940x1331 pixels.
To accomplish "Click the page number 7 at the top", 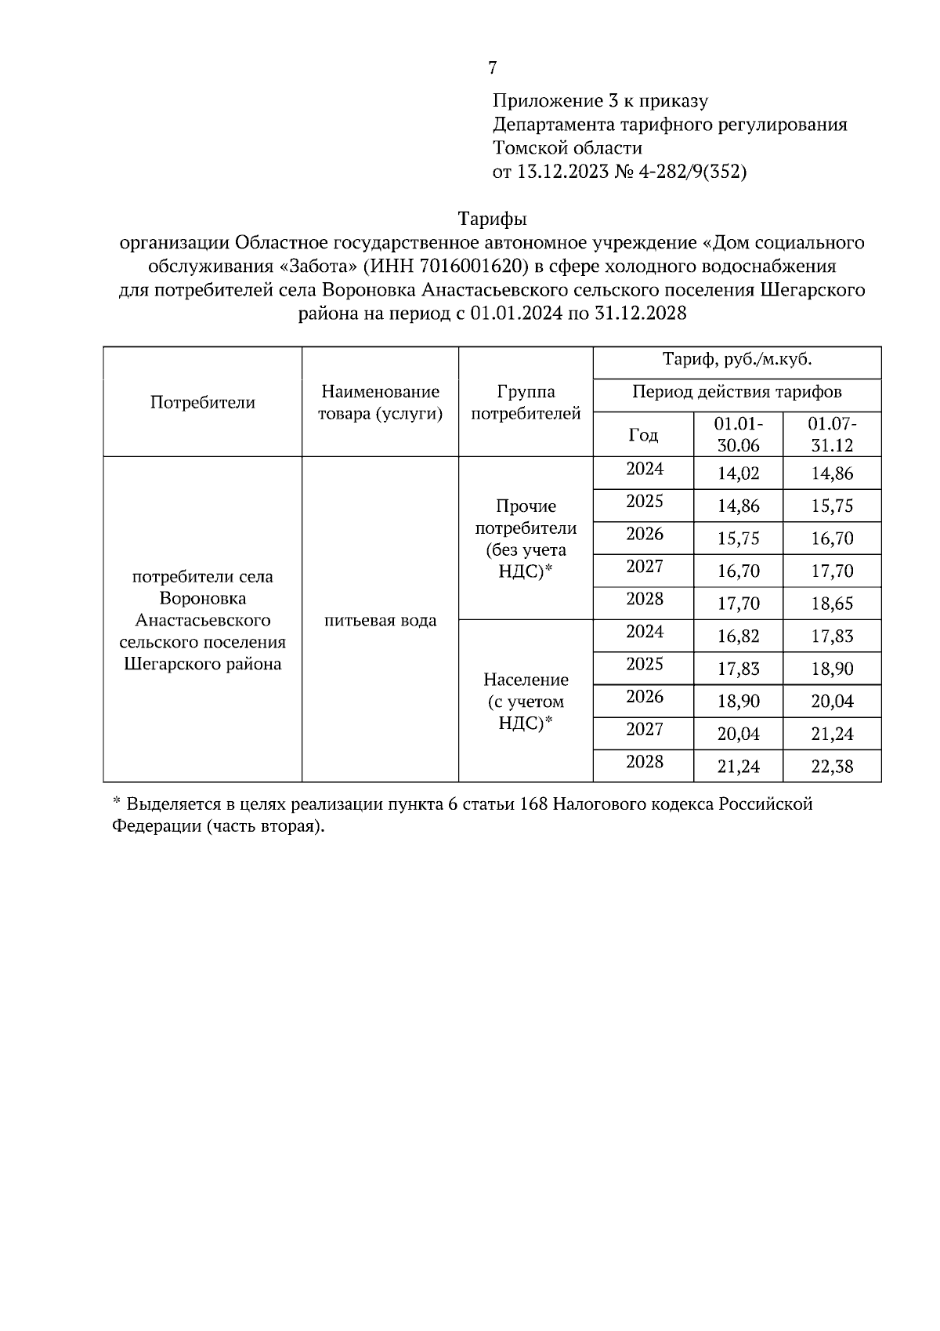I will [x=492, y=68].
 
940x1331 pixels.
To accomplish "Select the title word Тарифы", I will [x=492, y=219].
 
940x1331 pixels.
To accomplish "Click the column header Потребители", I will [x=203, y=403].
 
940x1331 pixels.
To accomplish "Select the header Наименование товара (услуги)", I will [x=381, y=403].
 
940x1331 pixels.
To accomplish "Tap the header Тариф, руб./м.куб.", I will [x=737, y=361].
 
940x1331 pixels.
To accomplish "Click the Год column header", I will [x=643, y=435].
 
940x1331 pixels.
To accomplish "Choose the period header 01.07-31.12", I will [x=832, y=434].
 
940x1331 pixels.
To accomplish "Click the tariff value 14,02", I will [x=739, y=474].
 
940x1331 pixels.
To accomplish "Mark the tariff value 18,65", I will [x=832, y=604].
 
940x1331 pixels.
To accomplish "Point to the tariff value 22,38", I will [x=832, y=767].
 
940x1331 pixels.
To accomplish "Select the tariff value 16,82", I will [x=739, y=636].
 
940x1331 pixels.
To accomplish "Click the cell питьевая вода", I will [x=381, y=621].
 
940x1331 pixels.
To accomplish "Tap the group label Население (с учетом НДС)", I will [x=526, y=702].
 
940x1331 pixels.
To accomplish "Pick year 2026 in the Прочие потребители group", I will [x=645, y=535].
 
